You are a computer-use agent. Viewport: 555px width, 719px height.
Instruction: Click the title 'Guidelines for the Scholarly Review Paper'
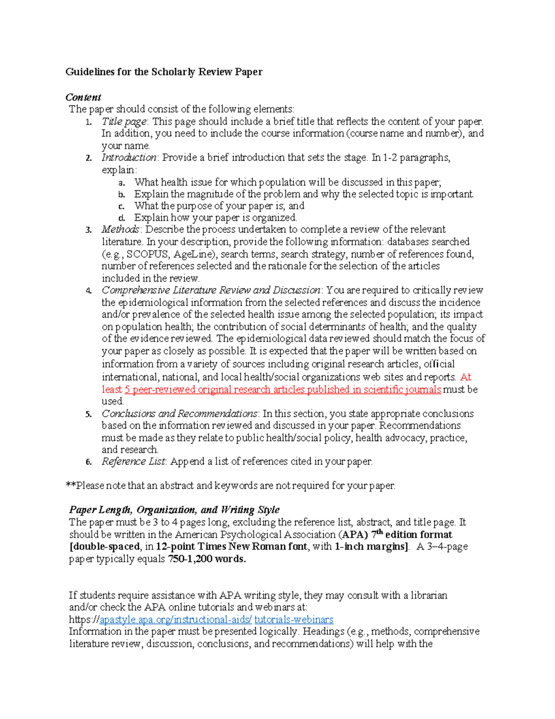coord(164,72)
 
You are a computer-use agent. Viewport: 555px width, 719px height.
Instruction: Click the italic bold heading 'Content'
coord(83,97)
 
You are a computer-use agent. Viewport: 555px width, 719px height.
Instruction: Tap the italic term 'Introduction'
coord(129,157)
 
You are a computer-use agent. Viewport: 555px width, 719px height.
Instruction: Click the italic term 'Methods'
coord(120,230)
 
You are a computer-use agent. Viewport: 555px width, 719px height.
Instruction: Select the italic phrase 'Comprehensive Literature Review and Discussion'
coord(210,290)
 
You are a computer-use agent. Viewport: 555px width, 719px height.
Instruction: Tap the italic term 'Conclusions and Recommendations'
coord(179,413)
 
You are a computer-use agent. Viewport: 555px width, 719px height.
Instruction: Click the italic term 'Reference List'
coord(133,462)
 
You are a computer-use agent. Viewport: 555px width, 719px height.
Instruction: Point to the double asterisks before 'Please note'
coord(70,485)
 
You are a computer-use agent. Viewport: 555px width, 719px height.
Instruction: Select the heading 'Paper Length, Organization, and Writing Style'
coord(174,510)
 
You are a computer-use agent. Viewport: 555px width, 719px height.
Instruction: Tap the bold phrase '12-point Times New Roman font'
coord(231,546)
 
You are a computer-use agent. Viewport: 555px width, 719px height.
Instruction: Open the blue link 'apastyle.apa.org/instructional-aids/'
coord(176,619)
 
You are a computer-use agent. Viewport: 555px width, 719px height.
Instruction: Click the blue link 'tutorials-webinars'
coord(294,619)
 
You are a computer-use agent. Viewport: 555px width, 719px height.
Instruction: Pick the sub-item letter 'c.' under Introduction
coord(122,206)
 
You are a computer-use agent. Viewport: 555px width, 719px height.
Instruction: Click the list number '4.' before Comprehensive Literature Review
coord(89,291)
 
